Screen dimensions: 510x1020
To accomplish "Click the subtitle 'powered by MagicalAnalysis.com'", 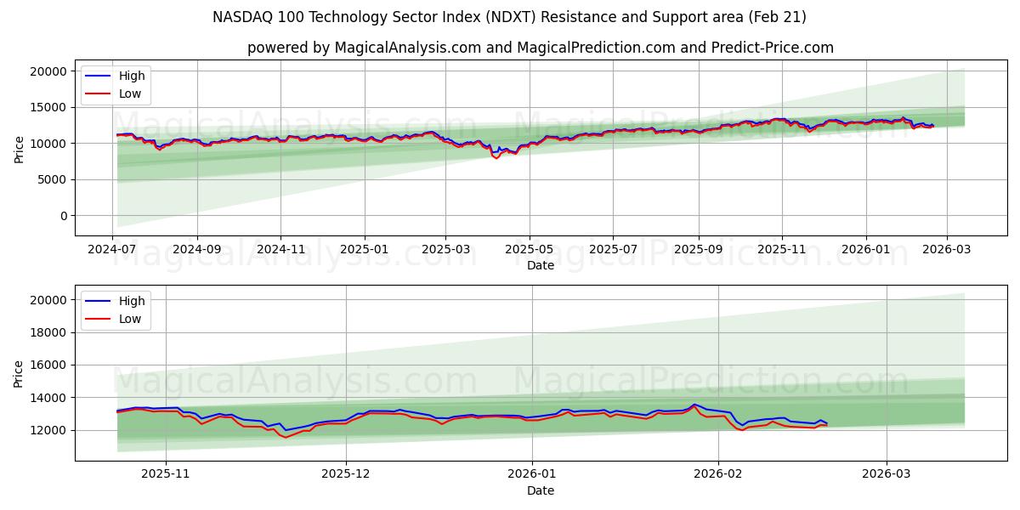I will (x=540, y=48).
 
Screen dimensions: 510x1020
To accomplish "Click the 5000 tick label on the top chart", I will (x=54, y=179).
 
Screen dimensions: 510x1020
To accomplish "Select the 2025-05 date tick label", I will (x=530, y=251).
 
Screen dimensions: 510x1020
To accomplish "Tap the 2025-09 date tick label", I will (x=699, y=251).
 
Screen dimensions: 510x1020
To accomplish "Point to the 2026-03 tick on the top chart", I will (x=947, y=251).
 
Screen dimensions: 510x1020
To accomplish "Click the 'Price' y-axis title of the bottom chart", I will (x=20, y=373).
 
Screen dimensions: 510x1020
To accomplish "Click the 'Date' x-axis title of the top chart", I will (x=540, y=265).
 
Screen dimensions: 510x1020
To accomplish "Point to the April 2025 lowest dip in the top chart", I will (x=497, y=158).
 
